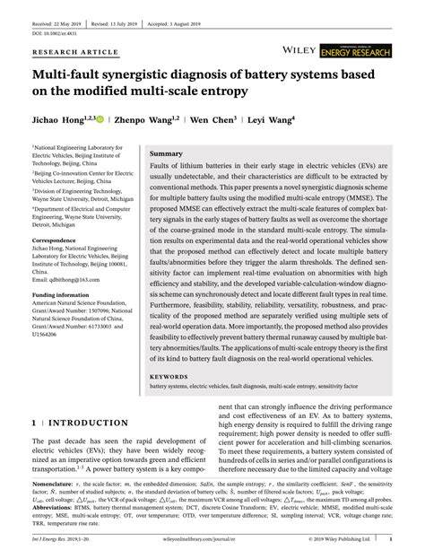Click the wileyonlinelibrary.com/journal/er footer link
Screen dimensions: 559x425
[x=211, y=540]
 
